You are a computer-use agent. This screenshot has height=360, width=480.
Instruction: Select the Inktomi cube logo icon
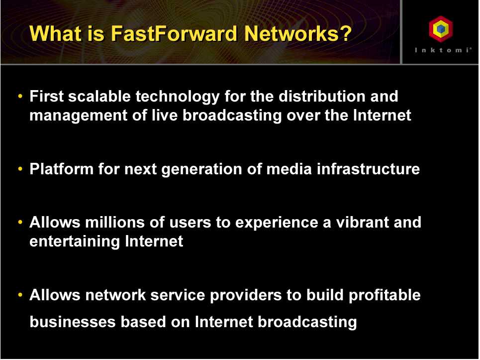[441, 29]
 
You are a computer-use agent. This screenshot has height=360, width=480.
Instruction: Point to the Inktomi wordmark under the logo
[443, 50]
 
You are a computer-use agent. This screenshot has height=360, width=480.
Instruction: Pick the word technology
[178, 97]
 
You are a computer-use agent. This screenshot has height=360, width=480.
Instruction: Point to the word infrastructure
[368, 169]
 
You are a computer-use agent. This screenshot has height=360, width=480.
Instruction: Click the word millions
[115, 222]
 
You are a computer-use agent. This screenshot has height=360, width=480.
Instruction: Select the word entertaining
[75, 241]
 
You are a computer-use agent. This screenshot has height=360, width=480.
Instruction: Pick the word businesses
[73, 322]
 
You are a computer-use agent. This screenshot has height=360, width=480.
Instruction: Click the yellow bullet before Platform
[20, 169]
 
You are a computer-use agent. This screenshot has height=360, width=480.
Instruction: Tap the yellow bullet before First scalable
[20, 96]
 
